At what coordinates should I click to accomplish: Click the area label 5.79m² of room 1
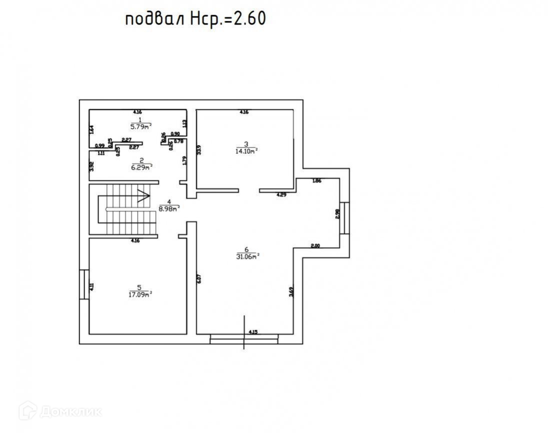pyautogui.click(x=141, y=127)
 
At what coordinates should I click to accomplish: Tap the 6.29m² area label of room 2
pyautogui.click(x=142, y=167)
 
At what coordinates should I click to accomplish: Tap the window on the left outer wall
pyautogui.click(x=84, y=285)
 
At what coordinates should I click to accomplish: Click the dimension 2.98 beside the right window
pyautogui.click(x=337, y=213)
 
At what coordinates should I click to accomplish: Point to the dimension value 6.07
pyautogui.click(x=199, y=279)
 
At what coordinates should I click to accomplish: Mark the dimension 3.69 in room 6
pyautogui.click(x=291, y=292)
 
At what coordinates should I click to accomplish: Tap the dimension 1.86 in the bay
pyautogui.click(x=316, y=181)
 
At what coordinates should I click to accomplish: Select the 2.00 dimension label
pyautogui.click(x=315, y=246)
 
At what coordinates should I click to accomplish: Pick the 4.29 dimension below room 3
pyautogui.click(x=282, y=194)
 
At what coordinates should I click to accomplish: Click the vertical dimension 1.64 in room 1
pyautogui.click(x=91, y=129)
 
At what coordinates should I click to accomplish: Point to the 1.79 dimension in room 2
pyautogui.click(x=185, y=161)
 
